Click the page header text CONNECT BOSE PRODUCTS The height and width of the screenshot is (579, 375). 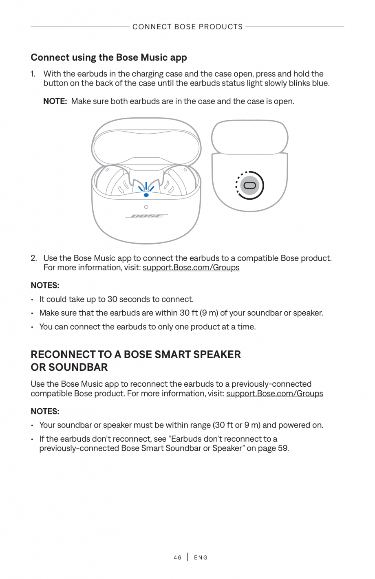click(x=187, y=27)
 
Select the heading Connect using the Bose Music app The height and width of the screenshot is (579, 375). click(x=109, y=57)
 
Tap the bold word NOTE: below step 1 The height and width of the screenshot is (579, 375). click(x=55, y=101)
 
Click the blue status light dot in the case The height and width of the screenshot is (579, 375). click(x=146, y=195)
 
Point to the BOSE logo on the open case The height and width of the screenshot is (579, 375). click(x=146, y=216)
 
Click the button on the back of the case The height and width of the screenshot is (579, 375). click(x=250, y=186)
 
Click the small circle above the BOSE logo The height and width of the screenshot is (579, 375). click(x=146, y=207)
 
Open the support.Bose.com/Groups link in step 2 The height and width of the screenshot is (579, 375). click(x=191, y=268)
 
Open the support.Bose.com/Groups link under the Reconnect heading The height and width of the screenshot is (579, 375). click(x=274, y=394)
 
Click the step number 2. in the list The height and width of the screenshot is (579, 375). click(x=34, y=258)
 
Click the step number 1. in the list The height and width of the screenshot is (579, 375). click(x=33, y=74)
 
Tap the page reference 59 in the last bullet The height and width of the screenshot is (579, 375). click(x=282, y=448)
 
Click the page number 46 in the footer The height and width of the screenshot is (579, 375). click(x=177, y=557)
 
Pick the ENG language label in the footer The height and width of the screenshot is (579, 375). click(x=201, y=557)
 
